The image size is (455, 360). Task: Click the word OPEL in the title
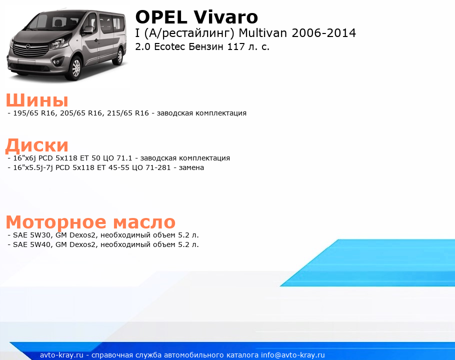pyautogui.click(x=161, y=17)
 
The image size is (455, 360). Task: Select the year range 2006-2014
pyautogui.click(x=323, y=33)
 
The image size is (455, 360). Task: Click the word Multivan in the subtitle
pyautogui.click(x=263, y=33)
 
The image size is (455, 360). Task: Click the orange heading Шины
pyautogui.click(x=37, y=100)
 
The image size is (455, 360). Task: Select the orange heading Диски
pyautogui.click(x=37, y=145)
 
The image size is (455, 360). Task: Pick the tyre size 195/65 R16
pyautogui.click(x=34, y=113)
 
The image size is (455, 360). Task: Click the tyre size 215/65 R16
pyautogui.click(x=128, y=113)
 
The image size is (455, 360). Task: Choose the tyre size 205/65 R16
pyautogui.click(x=81, y=113)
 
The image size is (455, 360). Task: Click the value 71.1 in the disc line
pyautogui.click(x=124, y=158)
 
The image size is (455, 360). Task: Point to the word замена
pyautogui.click(x=191, y=167)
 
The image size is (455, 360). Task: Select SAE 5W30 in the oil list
pyautogui.click(x=31, y=235)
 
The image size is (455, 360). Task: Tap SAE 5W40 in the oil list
pyautogui.click(x=31, y=244)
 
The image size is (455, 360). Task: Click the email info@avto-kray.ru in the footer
pyautogui.click(x=293, y=355)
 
